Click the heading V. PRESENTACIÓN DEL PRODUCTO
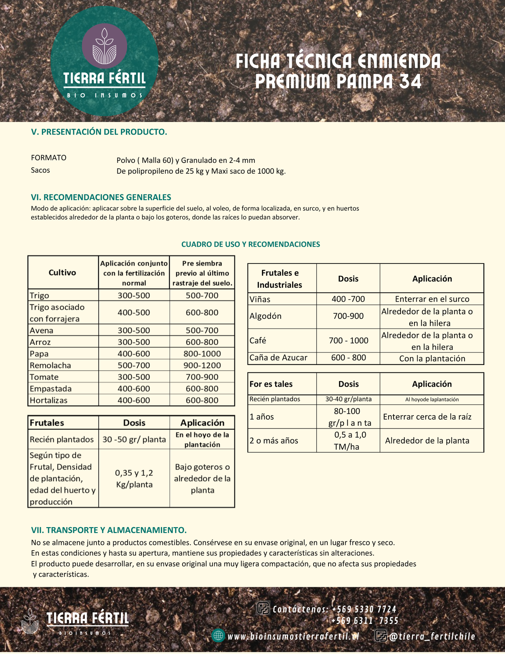99,132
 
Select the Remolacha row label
50,365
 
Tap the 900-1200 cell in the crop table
202,365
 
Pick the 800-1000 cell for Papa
202,354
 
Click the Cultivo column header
62,273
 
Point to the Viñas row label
260,299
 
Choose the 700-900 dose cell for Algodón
348,316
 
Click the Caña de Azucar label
278,358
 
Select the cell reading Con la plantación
432,358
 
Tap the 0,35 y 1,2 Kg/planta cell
134,479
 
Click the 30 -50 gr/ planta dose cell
134,439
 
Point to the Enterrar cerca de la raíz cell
427,417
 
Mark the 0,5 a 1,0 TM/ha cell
348,440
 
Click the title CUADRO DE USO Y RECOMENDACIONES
251,244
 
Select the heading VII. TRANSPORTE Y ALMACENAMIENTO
109,530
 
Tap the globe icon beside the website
218,635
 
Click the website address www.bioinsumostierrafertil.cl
293,636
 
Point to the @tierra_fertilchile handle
432,636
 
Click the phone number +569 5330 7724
364,609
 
